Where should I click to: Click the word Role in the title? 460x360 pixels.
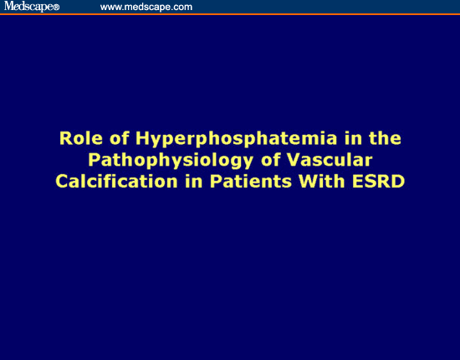pos(78,137)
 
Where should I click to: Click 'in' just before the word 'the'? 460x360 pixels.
pos(313,137)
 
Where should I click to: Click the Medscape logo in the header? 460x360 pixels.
pos(28,7)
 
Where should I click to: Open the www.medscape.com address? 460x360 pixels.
pos(146,7)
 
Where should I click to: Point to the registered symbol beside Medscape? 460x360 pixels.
pos(56,8)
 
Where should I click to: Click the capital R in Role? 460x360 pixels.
pos(65,137)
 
